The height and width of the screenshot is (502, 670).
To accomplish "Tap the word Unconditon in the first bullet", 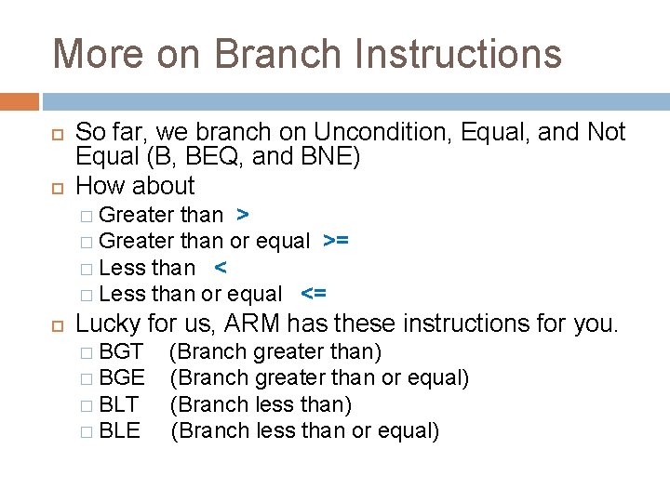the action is point(382,133).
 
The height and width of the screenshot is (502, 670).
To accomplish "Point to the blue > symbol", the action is point(242,216).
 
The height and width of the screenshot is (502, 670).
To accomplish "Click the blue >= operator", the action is point(336,242).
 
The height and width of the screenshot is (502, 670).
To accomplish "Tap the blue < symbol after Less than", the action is point(220,268).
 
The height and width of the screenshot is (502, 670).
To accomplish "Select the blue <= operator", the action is point(314,295).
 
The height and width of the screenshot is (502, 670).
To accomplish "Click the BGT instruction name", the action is point(121,352).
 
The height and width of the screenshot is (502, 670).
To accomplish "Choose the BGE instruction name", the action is point(122,378).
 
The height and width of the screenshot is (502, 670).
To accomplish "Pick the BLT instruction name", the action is point(119,405).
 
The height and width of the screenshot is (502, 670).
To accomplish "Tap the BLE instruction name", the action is point(119,431).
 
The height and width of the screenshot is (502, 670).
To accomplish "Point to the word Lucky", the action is point(107,324).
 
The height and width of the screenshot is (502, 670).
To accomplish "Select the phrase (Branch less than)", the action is point(261,405).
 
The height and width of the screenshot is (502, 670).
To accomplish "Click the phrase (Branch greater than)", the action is point(276,352).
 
